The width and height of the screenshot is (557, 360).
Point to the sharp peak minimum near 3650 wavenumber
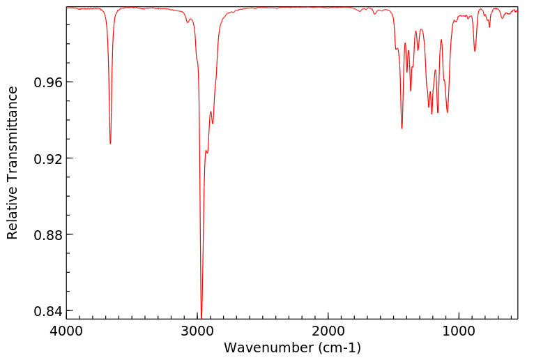110,144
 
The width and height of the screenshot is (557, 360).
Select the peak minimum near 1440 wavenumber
402,128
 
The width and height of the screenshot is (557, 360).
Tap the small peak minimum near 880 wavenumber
475,51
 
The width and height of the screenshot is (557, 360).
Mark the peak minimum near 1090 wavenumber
448,112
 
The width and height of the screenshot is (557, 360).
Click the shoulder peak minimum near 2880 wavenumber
213,123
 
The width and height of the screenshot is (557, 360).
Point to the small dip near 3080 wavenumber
188,22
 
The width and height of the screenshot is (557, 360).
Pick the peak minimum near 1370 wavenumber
411,91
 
